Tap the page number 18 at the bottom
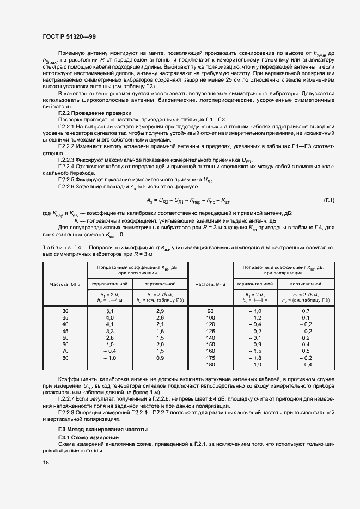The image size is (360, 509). pyautogui.click(x=46, y=462)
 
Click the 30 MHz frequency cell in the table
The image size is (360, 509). pyautogui.click(x=65, y=310)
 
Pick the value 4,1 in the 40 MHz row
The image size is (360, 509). pyautogui.click(x=109, y=324)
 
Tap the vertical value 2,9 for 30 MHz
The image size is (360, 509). pyautogui.click(x=160, y=310)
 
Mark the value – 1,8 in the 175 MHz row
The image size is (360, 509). pyautogui.click(x=255, y=358)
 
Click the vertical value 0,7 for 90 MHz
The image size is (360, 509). pyautogui.click(x=305, y=310)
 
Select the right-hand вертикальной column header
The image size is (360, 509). pyautogui.click(x=305, y=284)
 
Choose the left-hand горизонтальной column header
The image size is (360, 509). pyautogui.click(x=109, y=284)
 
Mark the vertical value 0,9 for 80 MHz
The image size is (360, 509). pyautogui.click(x=160, y=358)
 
